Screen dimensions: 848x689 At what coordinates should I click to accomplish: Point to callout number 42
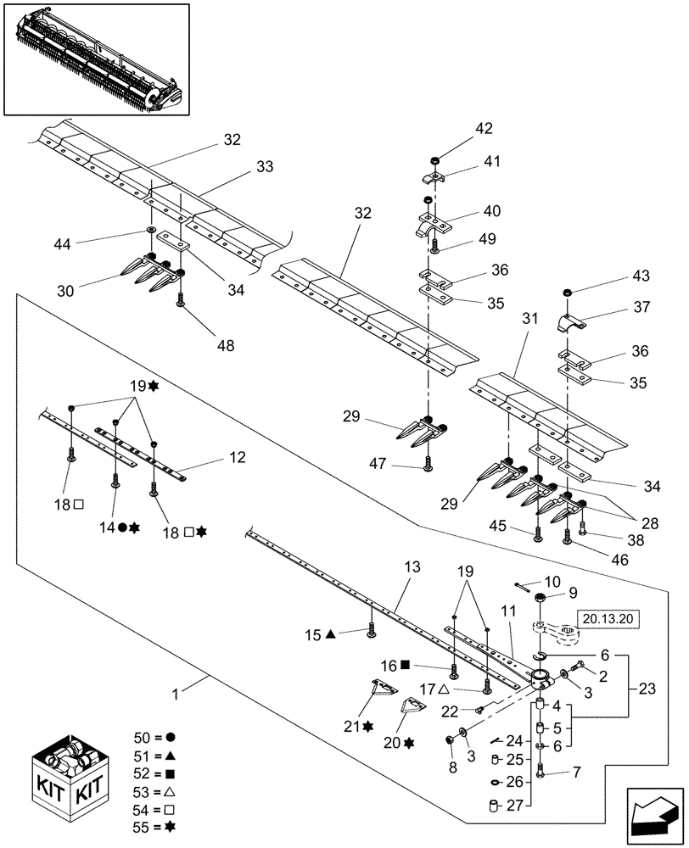point(484,130)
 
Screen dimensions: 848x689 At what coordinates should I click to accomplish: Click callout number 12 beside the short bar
point(237,457)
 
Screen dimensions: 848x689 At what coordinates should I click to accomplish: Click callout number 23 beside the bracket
point(646,689)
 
